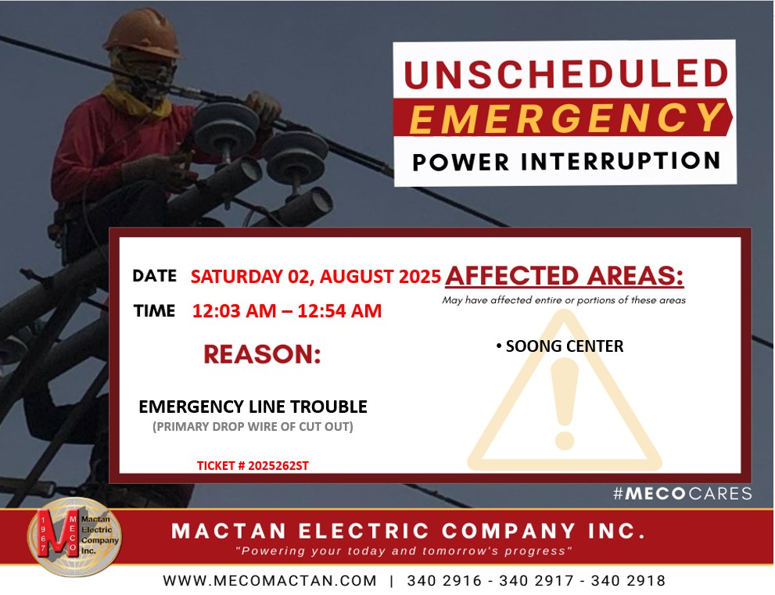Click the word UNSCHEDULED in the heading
(x=566, y=74)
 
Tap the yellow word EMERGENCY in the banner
(x=567, y=118)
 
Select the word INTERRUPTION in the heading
(x=620, y=161)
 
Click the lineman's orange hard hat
(x=143, y=34)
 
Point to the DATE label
(x=154, y=276)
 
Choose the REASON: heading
(x=262, y=354)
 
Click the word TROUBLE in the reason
(x=328, y=407)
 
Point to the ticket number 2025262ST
(x=278, y=465)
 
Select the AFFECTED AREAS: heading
(x=565, y=276)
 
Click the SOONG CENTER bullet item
(x=560, y=346)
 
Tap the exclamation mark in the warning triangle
(x=565, y=403)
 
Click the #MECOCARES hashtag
(x=683, y=493)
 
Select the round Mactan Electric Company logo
(x=74, y=536)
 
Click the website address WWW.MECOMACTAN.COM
(x=270, y=581)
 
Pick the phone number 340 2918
(x=628, y=581)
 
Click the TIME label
(x=154, y=311)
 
